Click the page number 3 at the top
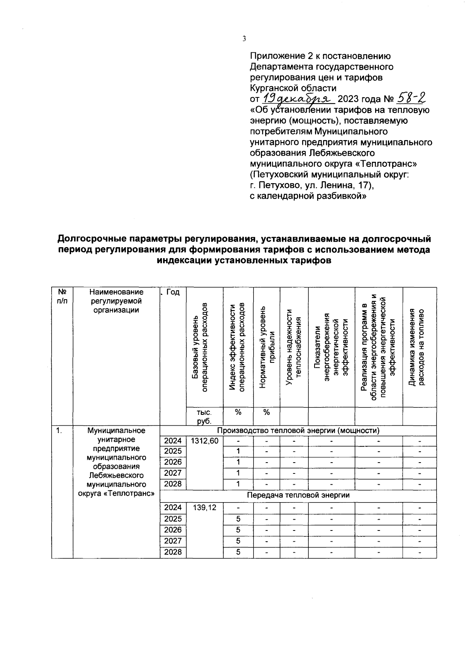coord(244,38)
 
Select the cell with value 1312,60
coord(205,441)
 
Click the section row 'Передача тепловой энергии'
coord(298,496)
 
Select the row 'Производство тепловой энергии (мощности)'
coord(298,431)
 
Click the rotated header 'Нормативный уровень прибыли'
coord(266,347)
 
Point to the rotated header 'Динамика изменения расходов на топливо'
coord(419,347)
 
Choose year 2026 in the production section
coord(173,462)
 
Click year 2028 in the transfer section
coord(173,552)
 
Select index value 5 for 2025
coord(238,519)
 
